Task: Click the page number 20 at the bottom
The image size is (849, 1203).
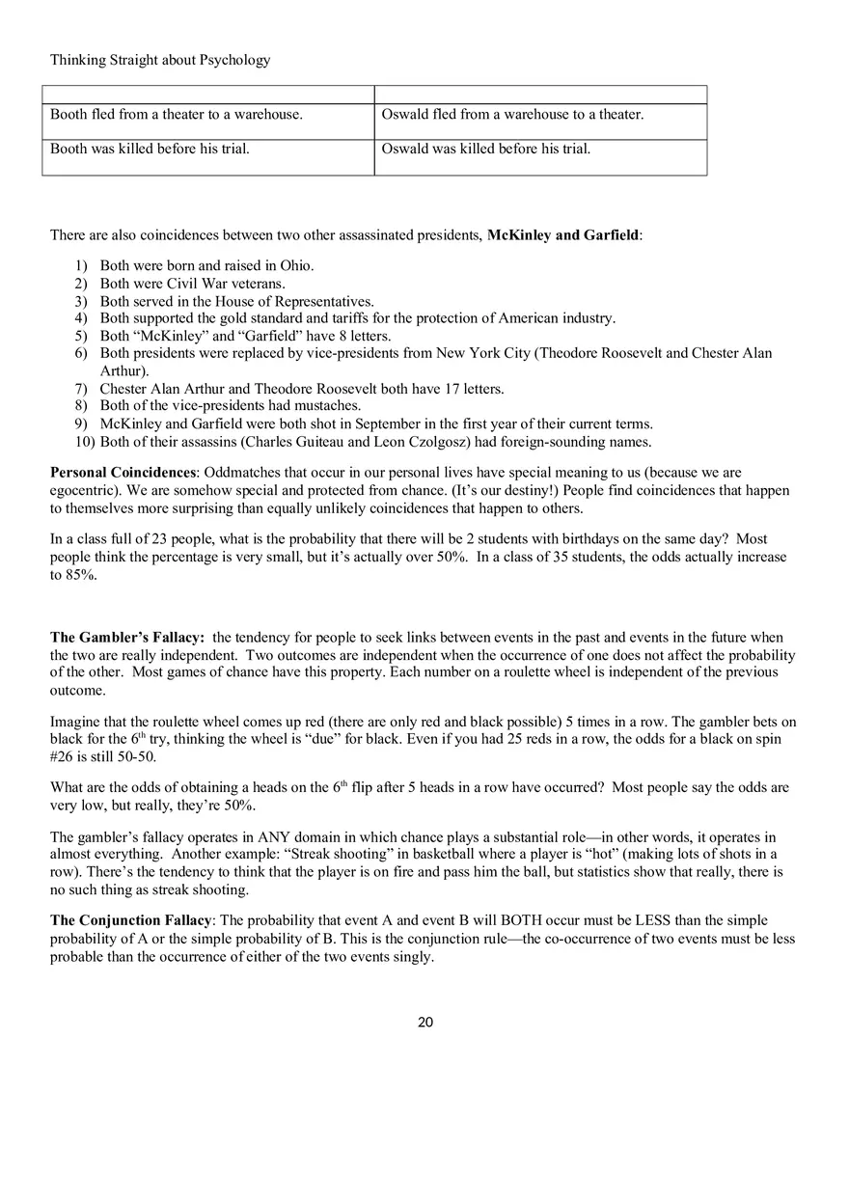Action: [x=425, y=1023]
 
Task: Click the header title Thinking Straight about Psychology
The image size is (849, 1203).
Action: [x=160, y=60]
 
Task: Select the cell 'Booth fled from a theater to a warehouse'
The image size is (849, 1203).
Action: [x=177, y=115]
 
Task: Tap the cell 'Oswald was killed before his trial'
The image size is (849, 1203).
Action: [x=485, y=149]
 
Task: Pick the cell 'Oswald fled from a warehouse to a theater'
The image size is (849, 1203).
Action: [x=512, y=115]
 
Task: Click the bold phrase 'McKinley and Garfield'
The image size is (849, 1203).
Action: [x=562, y=234]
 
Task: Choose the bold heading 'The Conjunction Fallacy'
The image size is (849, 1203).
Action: [x=130, y=920]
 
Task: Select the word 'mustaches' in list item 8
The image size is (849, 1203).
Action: [x=327, y=406]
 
